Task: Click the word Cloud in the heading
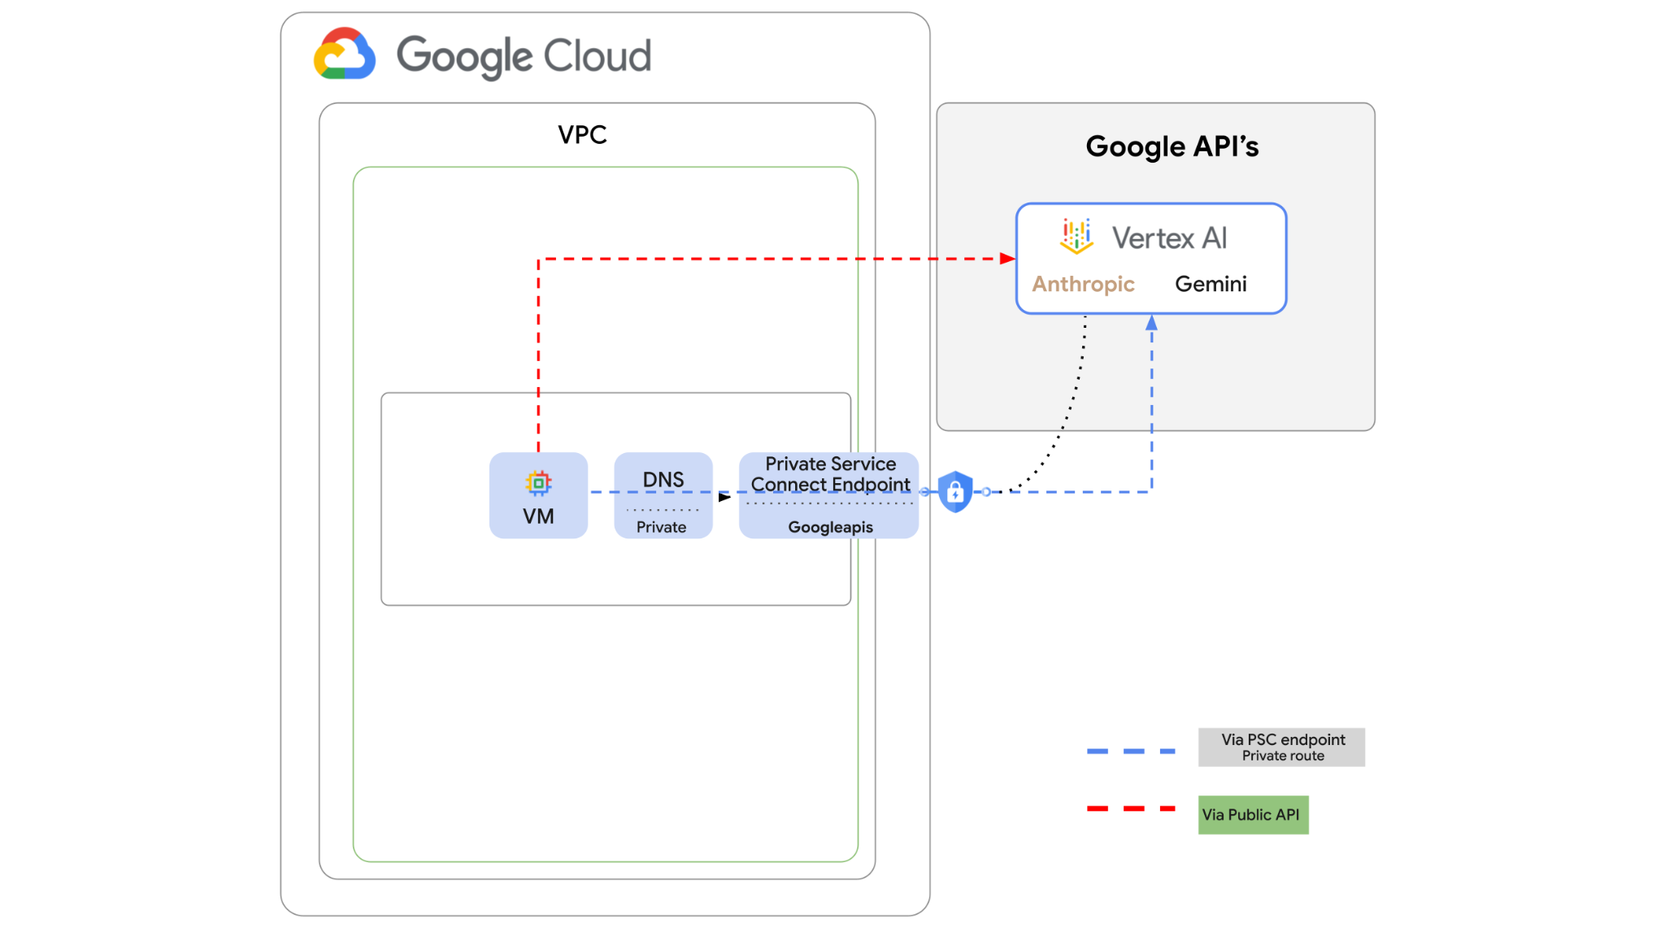point(597,56)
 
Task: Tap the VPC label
point(582,135)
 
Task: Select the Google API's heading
point(1172,147)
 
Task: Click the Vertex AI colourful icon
point(1076,236)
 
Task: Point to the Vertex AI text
point(1169,238)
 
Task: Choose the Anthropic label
point(1083,284)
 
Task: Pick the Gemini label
point(1211,284)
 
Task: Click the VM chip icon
point(538,483)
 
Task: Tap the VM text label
point(538,516)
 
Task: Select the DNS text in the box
point(663,480)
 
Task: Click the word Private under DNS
point(661,527)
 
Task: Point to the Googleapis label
point(830,527)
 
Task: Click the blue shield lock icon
point(955,491)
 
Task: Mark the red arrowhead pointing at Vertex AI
point(1008,259)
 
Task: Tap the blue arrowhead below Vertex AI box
point(1151,323)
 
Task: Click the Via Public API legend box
point(1253,815)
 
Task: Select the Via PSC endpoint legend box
point(1281,747)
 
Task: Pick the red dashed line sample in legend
point(1131,808)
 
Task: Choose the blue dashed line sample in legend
point(1131,752)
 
